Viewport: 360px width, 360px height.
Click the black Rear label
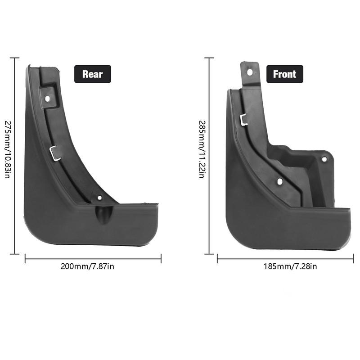[x=92, y=74]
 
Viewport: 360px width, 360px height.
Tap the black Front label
[x=284, y=74]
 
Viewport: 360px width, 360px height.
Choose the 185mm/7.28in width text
[x=290, y=266]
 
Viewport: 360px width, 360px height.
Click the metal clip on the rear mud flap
[x=54, y=153]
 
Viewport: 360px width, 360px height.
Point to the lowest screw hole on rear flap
[x=99, y=198]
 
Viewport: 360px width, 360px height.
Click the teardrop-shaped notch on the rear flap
[x=104, y=213]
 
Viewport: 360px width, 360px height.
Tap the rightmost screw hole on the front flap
[x=324, y=159]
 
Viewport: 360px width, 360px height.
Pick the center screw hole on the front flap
[x=279, y=181]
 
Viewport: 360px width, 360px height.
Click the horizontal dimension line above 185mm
[x=285, y=258]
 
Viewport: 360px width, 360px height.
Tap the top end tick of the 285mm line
[x=209, y=58]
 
